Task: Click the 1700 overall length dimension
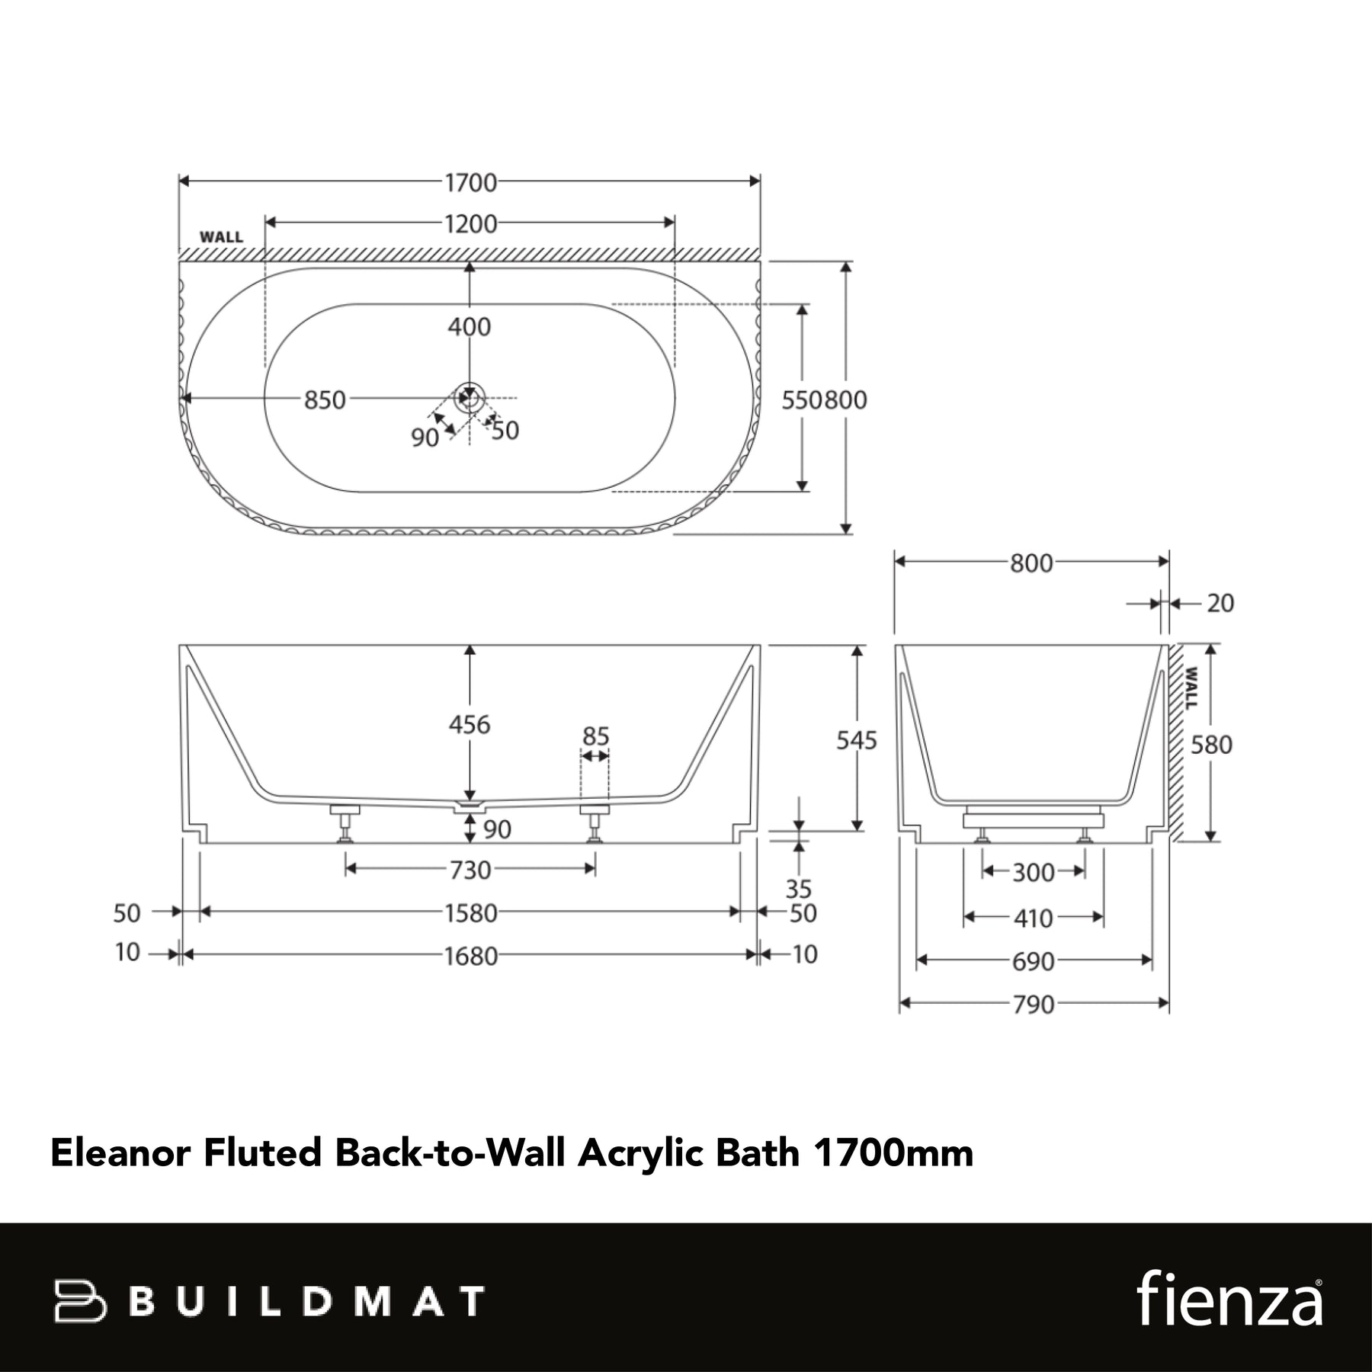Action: coord(470,182)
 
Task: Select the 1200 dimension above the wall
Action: coord(470,224)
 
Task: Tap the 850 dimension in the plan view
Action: coord(325,399)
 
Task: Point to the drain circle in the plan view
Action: coord(470,398)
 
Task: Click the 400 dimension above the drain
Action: coord(470,327)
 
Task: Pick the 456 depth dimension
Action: coord(470,724)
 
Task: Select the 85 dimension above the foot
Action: coord(595,736)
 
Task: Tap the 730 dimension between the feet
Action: coord(470,870)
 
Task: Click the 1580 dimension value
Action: coord(470,912)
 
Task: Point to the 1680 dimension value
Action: coord(470,956)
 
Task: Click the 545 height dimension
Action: coord(857,740)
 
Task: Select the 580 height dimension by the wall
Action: coord(1211,744)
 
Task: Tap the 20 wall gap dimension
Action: coord(1220,603)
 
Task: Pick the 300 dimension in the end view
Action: coord(1033,872)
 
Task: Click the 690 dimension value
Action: coord(1033,961)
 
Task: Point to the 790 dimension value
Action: coord(1033,1005)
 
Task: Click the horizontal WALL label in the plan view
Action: coord(221,237)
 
